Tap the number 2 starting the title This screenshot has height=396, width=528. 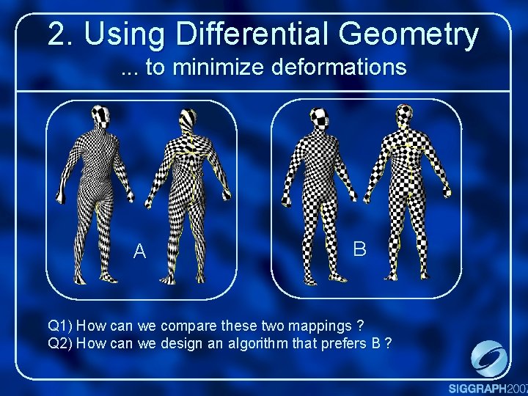[x=56, y=34]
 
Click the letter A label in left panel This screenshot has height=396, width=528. [x=140, y=252]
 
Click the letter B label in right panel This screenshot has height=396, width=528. [x=359, y=249]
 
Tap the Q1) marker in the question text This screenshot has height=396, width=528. [x=60, y=325]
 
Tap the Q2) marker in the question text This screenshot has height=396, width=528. [x=60, y=342]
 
